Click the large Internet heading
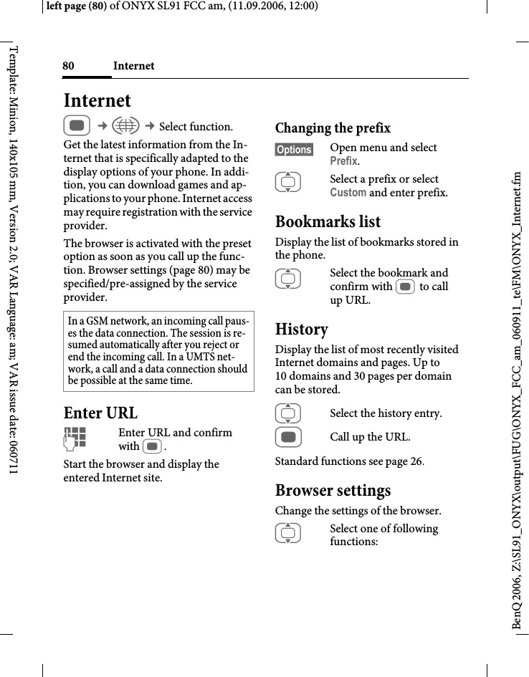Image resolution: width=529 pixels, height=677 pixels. (x=97, y=100)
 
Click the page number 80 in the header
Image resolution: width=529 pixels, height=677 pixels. (x=68, y=66)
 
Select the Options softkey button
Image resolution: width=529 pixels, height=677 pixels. (x=294, y=150)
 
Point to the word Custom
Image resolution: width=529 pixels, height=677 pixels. (x=348, y=193)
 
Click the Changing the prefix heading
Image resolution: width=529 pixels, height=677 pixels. (x=333, y=128)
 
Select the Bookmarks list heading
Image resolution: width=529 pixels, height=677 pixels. (x=328, y=221)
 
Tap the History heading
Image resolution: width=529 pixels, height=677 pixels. (x=302, y=329)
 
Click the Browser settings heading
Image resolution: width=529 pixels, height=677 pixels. (x=333, y=491)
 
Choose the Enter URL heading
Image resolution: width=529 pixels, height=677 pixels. (x=100, y=413)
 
